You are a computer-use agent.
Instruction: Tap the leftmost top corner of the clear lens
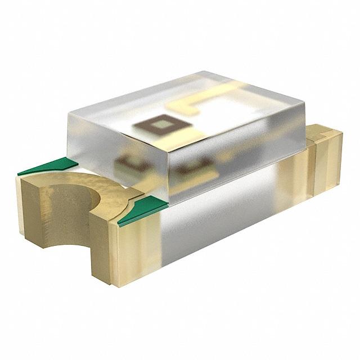point(67,112)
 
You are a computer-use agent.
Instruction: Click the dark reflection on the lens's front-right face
point(194,166)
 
